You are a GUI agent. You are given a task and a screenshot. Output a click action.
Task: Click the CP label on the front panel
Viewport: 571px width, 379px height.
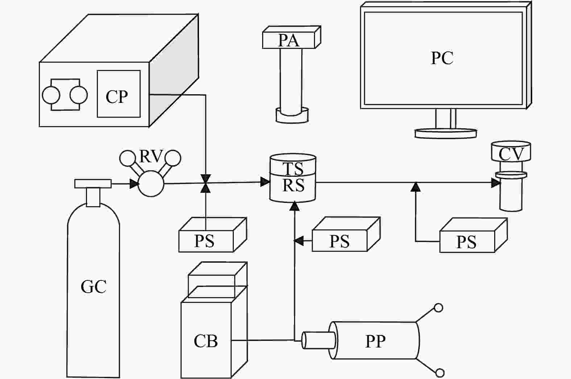click(x=117, y=96)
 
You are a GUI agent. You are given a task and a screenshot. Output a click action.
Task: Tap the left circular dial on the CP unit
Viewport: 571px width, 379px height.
click(x=51, y=95)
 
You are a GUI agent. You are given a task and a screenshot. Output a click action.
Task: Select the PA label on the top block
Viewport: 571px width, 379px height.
click(x=289, y=40)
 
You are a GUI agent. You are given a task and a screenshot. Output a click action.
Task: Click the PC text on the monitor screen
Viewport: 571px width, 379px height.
click(x=442, y=58)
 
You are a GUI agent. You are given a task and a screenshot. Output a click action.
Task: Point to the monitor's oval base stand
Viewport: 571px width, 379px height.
click(x=446, y=133)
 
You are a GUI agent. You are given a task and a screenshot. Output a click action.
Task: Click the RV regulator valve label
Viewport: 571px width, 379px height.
click(x=151, y=157)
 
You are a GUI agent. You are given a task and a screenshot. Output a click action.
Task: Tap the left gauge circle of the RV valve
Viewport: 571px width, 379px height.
click(x=128, y=158)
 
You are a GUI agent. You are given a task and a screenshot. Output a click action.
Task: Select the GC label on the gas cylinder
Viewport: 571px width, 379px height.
click(x=94, y=287)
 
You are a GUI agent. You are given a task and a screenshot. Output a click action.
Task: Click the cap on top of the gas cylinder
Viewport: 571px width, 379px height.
click(x=93, y=183)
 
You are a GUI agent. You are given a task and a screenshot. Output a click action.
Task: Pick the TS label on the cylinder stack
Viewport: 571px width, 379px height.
click(x=293, y=168)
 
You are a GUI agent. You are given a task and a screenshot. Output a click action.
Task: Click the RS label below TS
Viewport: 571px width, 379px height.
click(x=293, y=186)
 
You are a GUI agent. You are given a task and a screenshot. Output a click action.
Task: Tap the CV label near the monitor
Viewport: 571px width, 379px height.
click(x=511, y=154)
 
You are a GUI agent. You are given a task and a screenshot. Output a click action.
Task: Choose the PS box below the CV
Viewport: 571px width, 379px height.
click(x=467, y=242)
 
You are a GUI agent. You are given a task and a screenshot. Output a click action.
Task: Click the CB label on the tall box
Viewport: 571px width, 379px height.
click(x=206, y=341)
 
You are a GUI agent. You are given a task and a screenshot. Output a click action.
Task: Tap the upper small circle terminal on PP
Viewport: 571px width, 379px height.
click(x=438, y=308)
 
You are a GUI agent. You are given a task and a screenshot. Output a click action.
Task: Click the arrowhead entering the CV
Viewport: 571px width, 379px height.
click(x=496, y=183)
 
